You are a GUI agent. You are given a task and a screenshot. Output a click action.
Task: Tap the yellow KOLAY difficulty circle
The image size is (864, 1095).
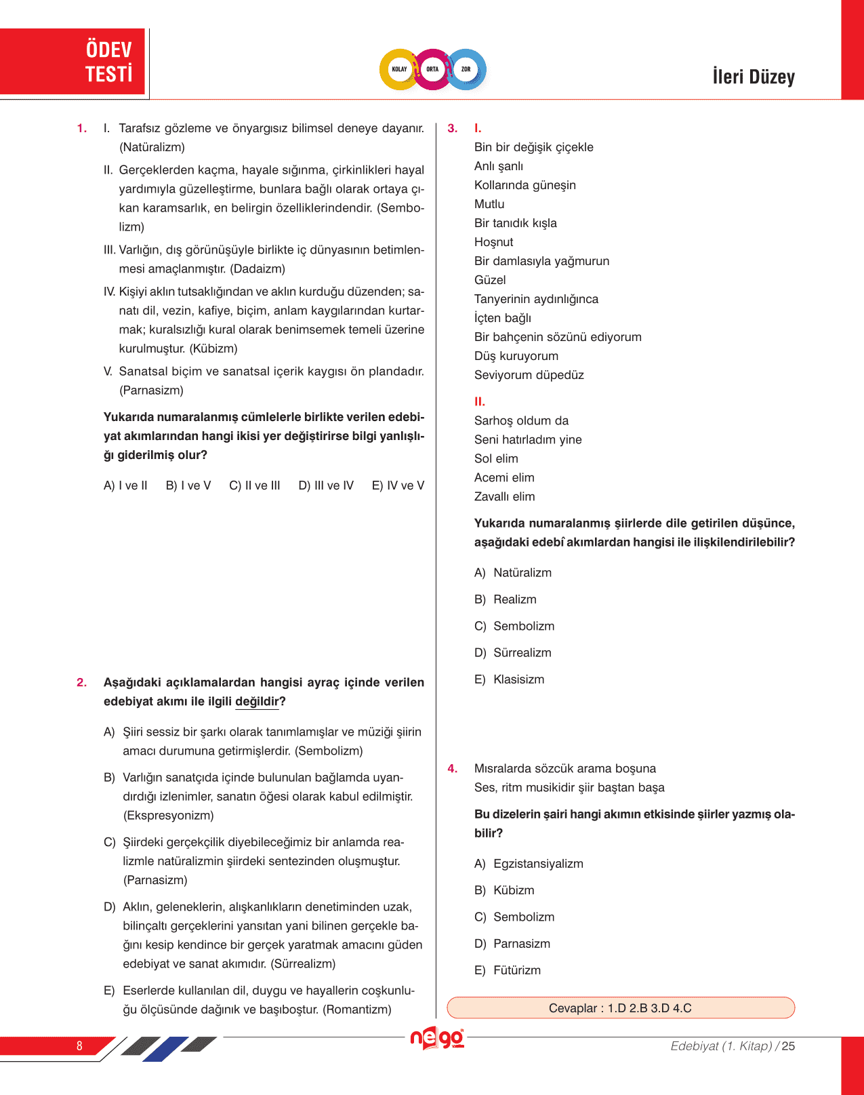point(399,69)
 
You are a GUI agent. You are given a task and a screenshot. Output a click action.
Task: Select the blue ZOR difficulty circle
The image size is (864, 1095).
point(466,69)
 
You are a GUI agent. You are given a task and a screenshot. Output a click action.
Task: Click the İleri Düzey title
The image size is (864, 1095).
point(753,77)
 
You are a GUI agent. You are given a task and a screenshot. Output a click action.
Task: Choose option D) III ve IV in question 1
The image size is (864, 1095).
point(326,485)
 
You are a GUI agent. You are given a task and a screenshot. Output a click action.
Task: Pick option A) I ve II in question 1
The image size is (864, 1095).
point(125,485)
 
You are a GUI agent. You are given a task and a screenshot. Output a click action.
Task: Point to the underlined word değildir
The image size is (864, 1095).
point(257,702)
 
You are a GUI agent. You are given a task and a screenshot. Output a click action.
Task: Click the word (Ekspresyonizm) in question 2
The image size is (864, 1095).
point(168,816)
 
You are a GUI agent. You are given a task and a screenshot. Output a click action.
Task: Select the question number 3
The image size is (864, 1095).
point(453,128)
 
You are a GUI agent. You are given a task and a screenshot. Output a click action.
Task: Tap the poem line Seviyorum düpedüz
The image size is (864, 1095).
point(529,375)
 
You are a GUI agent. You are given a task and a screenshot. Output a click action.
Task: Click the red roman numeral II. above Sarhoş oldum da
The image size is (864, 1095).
point(479,401)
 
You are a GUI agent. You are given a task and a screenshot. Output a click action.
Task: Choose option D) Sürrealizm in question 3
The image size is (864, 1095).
point(513,653)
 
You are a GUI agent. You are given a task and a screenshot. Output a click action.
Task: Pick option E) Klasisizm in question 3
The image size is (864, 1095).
point(510,679)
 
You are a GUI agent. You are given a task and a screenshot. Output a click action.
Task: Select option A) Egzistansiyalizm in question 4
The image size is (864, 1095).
point(529,864)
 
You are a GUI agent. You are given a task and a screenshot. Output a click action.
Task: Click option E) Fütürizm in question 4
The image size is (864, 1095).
point(508,970)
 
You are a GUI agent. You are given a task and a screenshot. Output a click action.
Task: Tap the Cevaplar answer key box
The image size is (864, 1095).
point(620,1008)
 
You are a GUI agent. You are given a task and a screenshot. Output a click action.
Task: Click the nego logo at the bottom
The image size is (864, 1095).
point(437,1038)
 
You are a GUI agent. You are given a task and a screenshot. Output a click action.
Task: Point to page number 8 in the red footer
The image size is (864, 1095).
point(79,1046)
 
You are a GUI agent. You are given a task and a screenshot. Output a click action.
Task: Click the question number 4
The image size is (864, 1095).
point(453,769)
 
